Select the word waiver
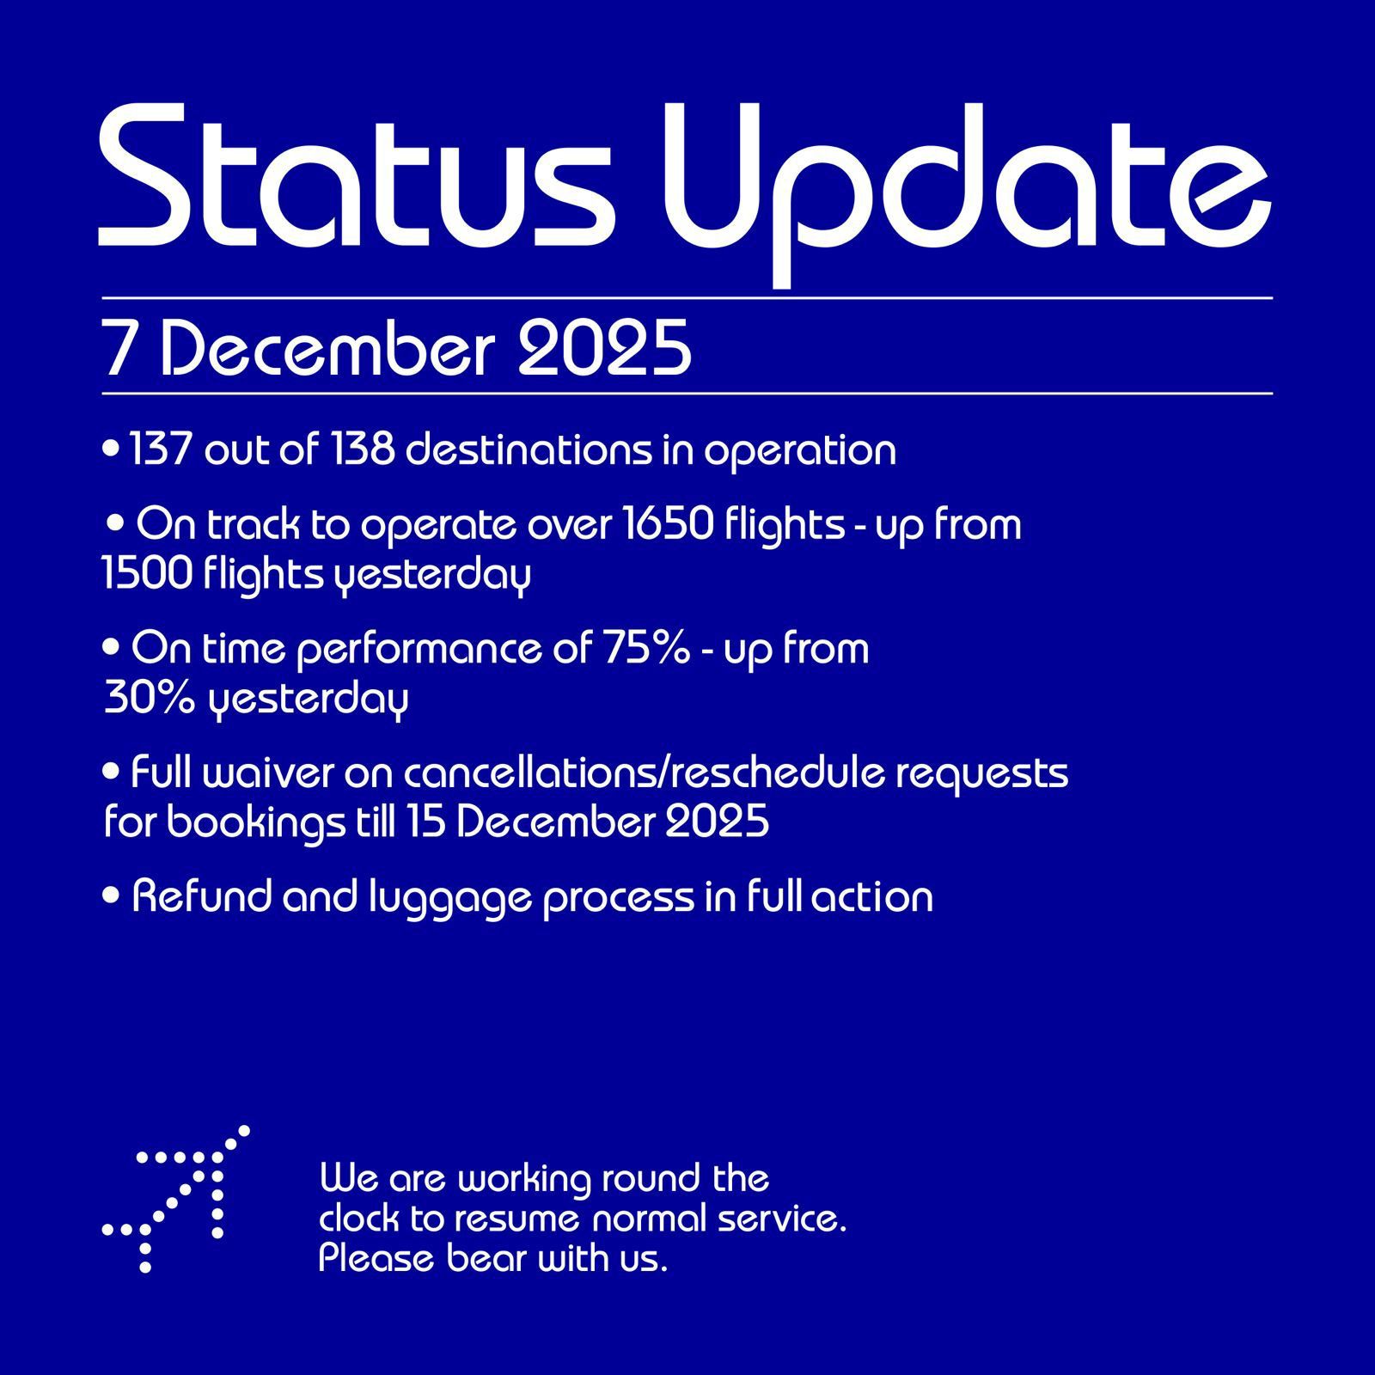click(x=268, y=773)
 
